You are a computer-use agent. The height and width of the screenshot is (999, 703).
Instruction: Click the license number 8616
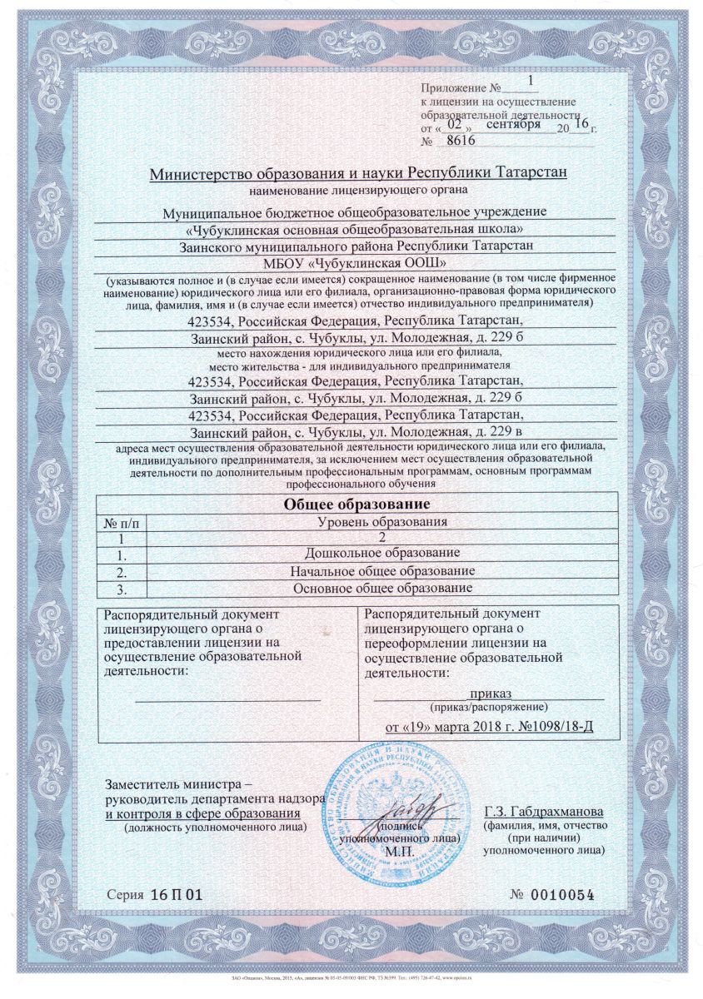(461, 142)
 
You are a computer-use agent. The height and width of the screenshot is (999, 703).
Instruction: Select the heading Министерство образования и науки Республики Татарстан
(358, 173)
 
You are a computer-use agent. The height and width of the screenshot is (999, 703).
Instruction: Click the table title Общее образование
(356, 504)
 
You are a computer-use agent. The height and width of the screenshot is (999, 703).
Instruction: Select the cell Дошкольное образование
(382, 554)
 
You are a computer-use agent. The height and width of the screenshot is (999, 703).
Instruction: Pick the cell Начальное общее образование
(382, 571)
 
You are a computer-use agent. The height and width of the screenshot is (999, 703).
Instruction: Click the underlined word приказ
(490, 693)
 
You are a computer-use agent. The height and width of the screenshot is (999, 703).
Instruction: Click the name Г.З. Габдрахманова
(544, 811)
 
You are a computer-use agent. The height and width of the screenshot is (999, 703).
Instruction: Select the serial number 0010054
(566, 895)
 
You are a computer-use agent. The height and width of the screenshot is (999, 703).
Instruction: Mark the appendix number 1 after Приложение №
(533, 82)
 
